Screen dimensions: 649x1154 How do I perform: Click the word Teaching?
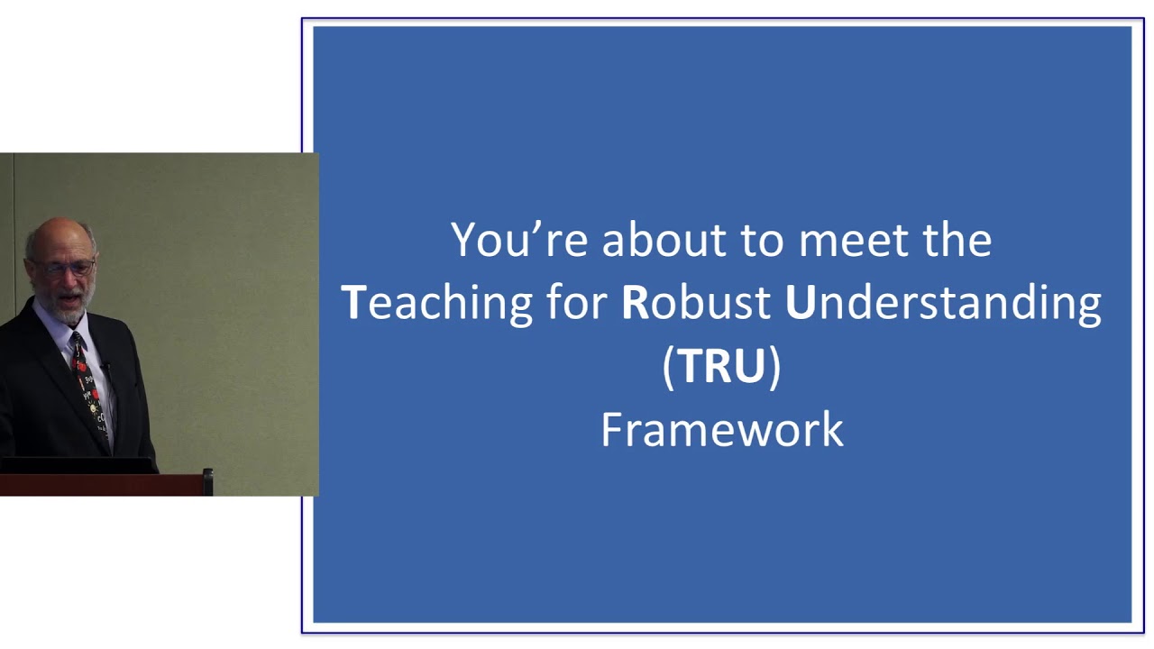[437, 304]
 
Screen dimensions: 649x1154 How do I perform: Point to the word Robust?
[696, 304]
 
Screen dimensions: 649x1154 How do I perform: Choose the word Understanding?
[943, 304]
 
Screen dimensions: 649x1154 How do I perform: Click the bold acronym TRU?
[721, 366]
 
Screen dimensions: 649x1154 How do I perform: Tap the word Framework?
[721, 429]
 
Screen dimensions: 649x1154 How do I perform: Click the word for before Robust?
[577, 304]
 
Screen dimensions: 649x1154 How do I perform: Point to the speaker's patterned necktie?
[88, 388]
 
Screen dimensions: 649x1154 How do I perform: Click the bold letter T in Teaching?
[353, 304]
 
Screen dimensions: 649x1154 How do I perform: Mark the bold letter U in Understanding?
[799, 304]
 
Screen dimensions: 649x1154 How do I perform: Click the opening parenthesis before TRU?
[668, 367]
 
